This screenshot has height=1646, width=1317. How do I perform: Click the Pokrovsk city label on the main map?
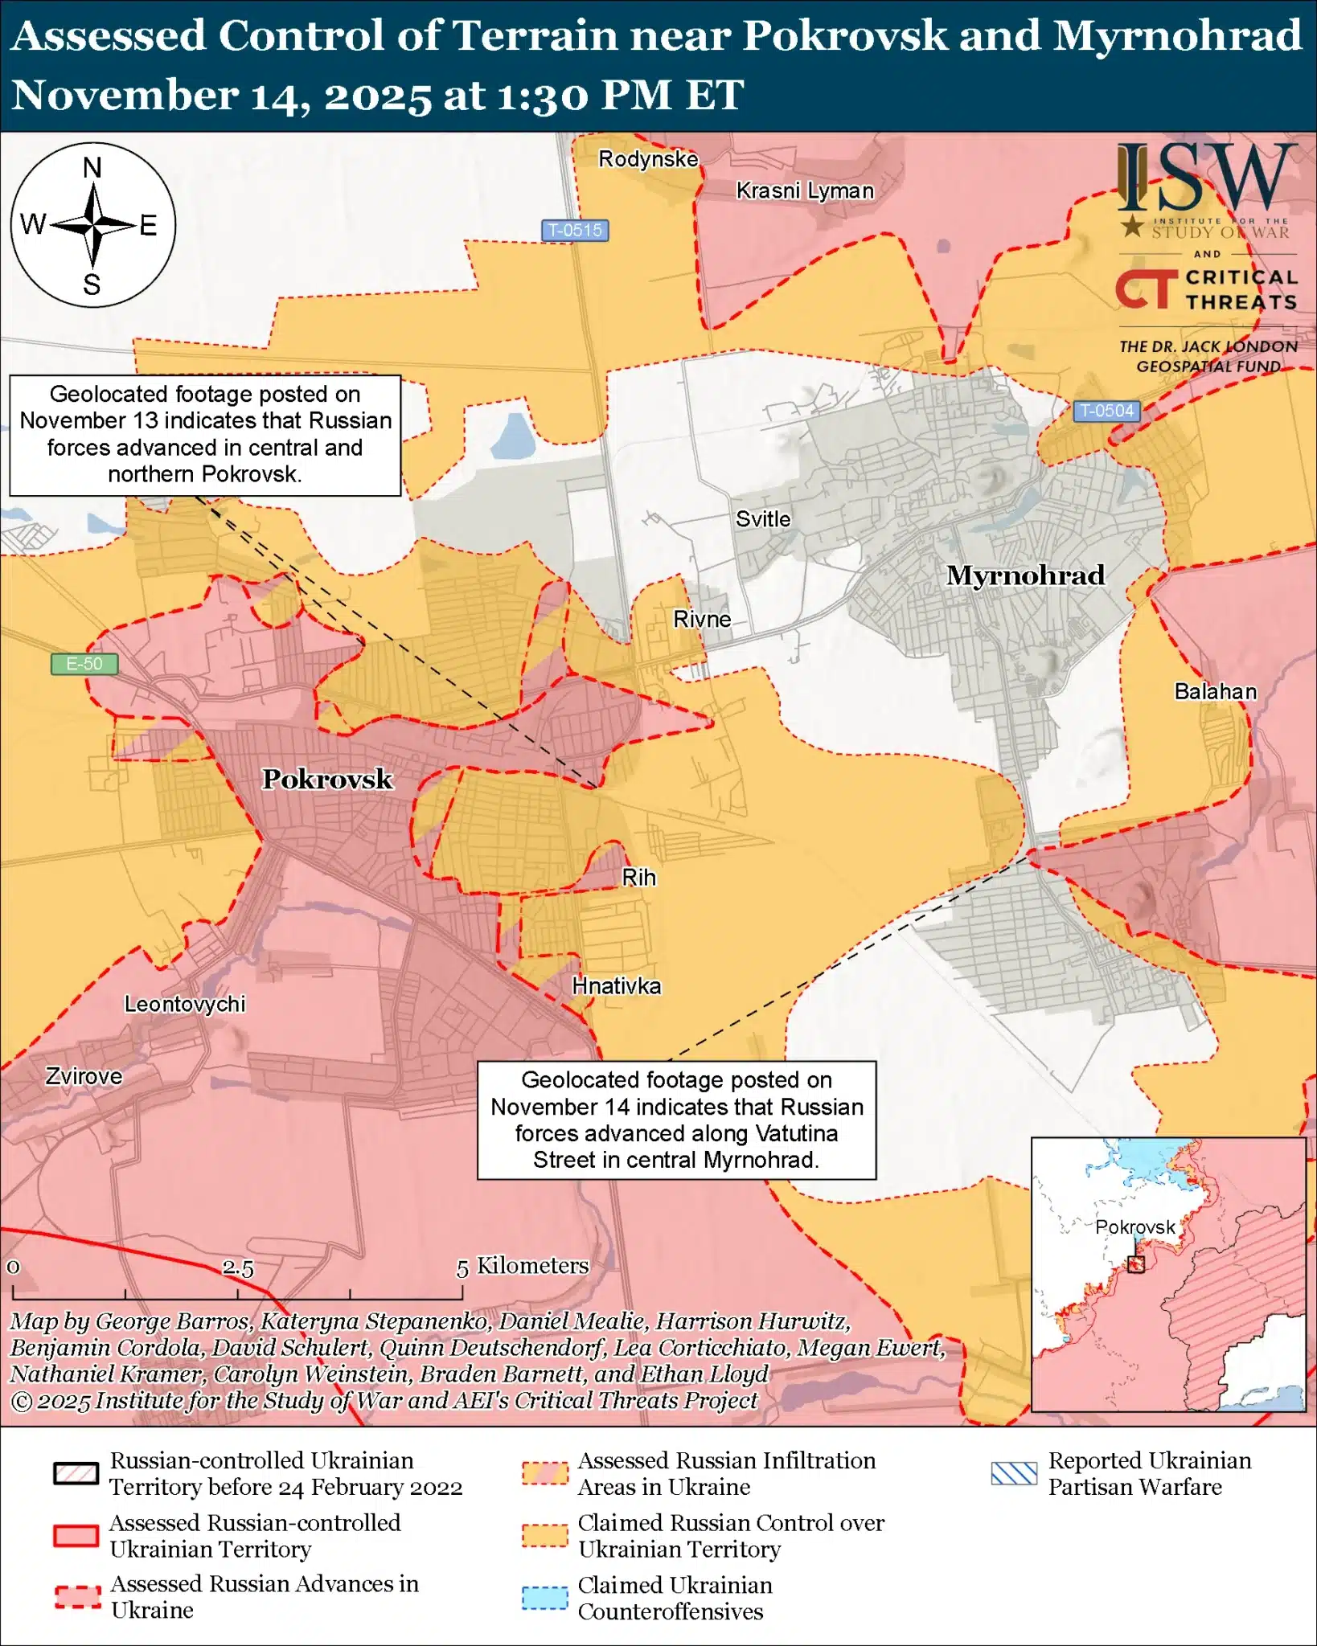(x=327, y=779)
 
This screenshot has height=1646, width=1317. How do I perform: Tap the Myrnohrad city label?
(x=1025, y=575)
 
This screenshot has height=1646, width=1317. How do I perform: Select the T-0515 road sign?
(x=574, y=231)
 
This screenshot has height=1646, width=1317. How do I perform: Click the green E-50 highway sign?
(x=84, y=664)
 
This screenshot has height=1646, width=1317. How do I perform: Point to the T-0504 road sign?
(x=1107, y=411)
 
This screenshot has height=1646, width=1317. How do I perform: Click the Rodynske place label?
(x=648, y=159)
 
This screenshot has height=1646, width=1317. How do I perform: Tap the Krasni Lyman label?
(x=805, y=191)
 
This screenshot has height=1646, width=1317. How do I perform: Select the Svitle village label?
(x=763, y=519)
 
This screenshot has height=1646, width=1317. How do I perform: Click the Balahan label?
(x=1215, y=691)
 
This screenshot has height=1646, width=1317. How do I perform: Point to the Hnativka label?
(x=617, y=986)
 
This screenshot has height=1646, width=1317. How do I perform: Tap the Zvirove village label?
(x=84, y=1076)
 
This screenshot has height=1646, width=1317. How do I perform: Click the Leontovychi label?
(x=185, y=1004)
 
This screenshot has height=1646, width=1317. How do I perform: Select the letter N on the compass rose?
(x=92, y=168)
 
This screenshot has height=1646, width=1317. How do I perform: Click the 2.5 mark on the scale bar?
(x=238, y=1268)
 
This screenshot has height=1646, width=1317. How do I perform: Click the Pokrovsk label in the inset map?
(x=1135, y=1227)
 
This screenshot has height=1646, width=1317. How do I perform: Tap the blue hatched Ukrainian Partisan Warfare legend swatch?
(x=1014, y=1473)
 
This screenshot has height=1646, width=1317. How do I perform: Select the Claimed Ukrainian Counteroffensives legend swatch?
(x=544, y=1598)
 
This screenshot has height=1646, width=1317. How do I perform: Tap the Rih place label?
(x=639, y=878)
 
